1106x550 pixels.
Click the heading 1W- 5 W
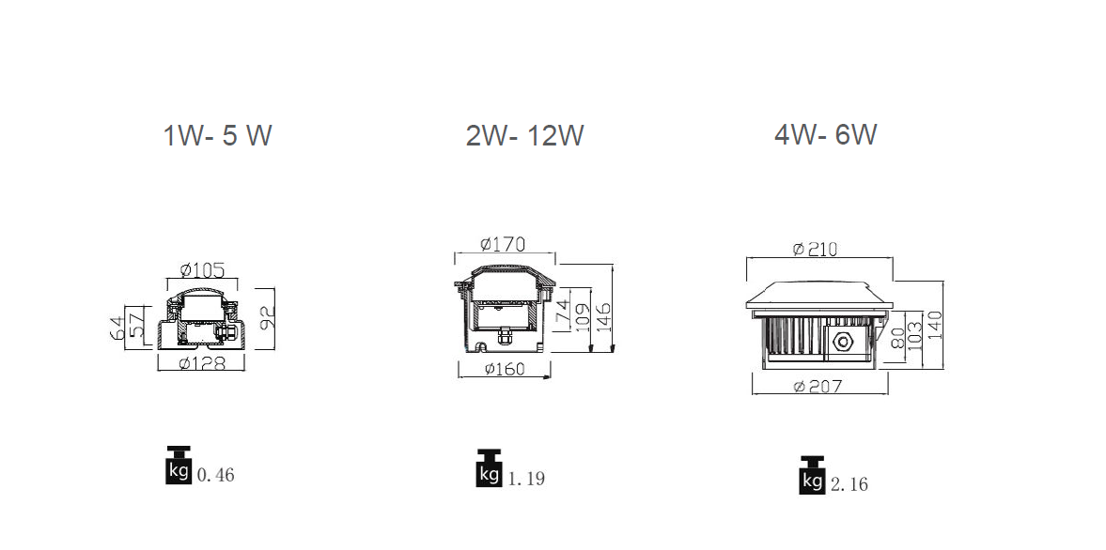click(x=217, y=135)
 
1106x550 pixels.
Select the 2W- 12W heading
click(x=524, y=135)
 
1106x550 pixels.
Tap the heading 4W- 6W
click(x=825, y=134)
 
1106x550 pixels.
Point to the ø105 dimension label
click(x=202, y=269)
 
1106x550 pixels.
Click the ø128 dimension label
click(x=202, y=363)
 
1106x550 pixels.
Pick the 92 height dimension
click(x=267, y=319)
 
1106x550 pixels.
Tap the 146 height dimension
click(x=604, y=317)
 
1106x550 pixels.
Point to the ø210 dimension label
click(x=815, y=250)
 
